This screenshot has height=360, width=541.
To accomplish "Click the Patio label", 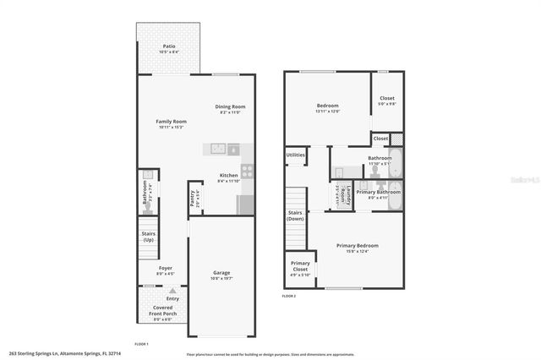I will click(168, 46).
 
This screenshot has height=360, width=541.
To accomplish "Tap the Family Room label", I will click(171, 121).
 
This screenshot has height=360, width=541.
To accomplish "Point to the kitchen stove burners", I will click(248, 170).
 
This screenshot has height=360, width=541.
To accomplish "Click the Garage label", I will click(221, 272).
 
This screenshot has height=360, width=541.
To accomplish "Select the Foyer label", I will click(166, 268).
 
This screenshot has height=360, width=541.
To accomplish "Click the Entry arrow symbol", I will click(172, 291).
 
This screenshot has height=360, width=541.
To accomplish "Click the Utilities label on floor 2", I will click(296, 155).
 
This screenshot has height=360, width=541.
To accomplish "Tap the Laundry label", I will click(346, 195).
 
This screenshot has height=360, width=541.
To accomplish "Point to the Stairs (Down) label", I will click(295, 215).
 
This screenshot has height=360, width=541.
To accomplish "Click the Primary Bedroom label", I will click(357, 245).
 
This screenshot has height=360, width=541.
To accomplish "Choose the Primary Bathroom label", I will click(378, 193).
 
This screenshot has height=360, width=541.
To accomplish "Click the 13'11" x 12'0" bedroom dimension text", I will click(327, 112).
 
